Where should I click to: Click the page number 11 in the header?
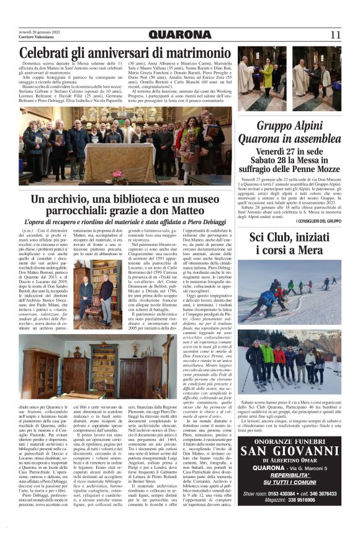[x=335, y=35]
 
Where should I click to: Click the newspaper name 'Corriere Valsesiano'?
[x=35, y=38]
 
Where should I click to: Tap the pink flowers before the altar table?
[x=117, y=174]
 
